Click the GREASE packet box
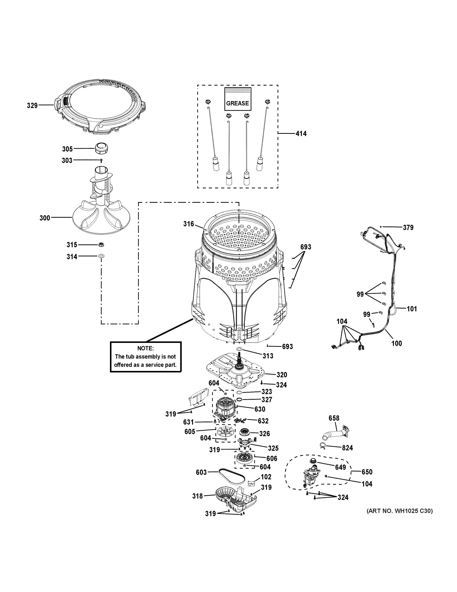click(x=237, y=99)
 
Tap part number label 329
click(x=32, y=105)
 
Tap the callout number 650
click(x=367, y=472)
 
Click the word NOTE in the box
click(x=145, y=348)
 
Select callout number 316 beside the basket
click(x=188, y=224)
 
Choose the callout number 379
click(x=408, y=227)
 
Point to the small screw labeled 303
click(x=101, y=161)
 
